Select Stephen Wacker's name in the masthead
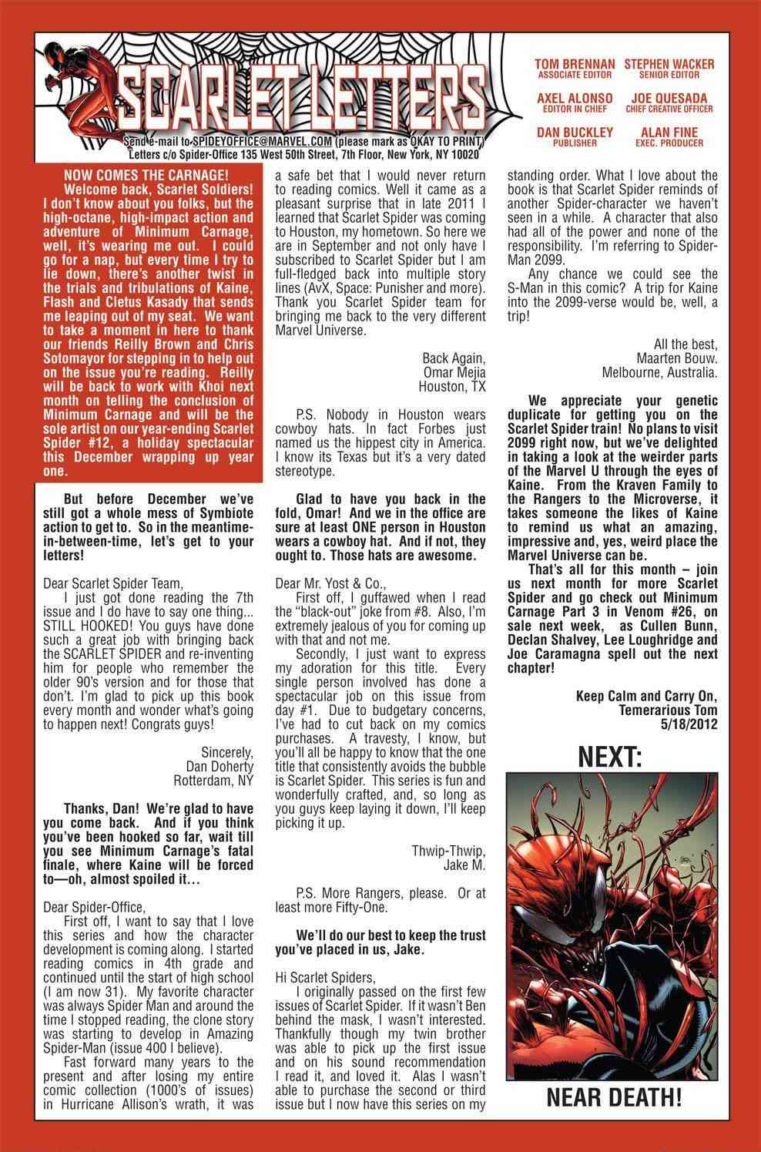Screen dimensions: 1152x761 click(669, 65)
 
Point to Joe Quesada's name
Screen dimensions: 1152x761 click(669, 99)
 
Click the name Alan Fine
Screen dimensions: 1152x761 click(669, 133)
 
